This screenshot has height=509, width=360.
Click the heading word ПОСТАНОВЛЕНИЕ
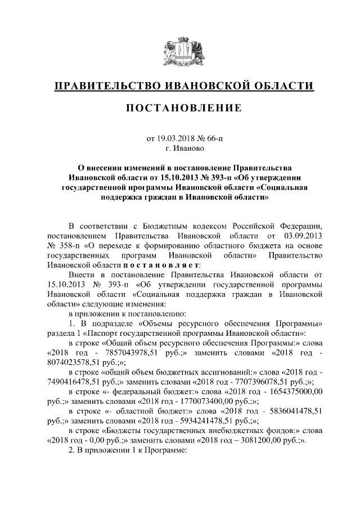coord(180,108)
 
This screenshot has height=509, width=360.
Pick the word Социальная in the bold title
coord(285,187)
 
